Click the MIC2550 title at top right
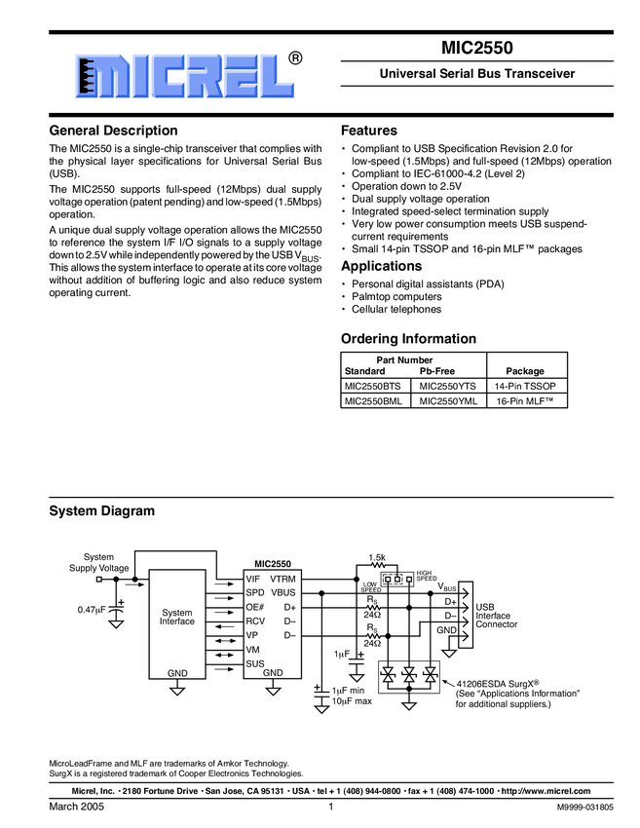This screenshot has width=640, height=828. [476, 45]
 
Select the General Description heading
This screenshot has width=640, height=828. [113, 131]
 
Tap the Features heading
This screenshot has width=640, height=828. [369, 131]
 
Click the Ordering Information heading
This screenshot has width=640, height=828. [408, 339]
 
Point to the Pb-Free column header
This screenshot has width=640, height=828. [438, 371]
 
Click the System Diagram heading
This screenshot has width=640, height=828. [101, 510]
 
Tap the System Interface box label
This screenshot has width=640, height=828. [177, 617]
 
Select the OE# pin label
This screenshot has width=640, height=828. [255, 607]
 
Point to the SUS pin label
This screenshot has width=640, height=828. [254, 663]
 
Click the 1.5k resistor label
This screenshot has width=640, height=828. [377, 557]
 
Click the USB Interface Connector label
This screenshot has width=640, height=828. [496, 615]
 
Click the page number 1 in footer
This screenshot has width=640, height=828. [332, 808]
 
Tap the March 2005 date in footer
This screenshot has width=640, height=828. [76, 808]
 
